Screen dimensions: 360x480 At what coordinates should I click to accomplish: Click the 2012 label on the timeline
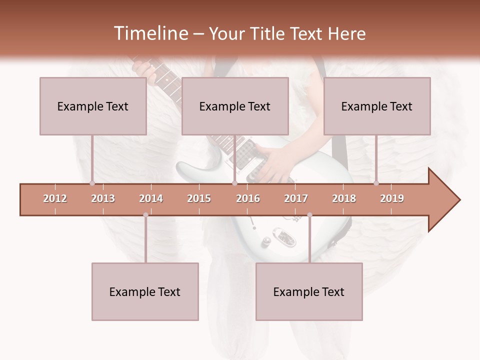(x=55, y=198)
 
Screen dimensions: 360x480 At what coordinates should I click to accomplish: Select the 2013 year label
(x=103, y=198)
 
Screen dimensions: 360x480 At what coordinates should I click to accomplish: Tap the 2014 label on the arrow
(x=151, y=198)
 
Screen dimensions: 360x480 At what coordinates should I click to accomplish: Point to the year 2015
(x=199, y=198)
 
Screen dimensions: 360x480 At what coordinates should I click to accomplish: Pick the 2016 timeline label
(x=248, y=198)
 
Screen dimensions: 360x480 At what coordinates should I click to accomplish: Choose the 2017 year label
(x=296, y=198)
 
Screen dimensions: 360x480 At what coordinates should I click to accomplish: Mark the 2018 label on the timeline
(x=344, y=198)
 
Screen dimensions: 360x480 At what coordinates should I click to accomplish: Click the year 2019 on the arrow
(x=392, y=198)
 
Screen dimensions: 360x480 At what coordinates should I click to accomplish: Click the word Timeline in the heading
(x=150, y=33)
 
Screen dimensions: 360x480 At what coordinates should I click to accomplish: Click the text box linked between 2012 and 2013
(x=93, y=106)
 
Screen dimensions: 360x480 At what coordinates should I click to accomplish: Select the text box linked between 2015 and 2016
(x=235, y=106)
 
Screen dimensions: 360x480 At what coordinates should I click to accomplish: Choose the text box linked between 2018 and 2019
(x=377, y=106)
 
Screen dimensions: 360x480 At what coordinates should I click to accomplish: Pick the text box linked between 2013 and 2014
(x=145, y=291)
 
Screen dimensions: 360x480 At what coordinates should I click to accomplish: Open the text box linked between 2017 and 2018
(x=309, y=291)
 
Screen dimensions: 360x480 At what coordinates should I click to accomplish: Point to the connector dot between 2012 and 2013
(x=92, y=183)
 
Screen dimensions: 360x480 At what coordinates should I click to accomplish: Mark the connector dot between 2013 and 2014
(x=145, y=215)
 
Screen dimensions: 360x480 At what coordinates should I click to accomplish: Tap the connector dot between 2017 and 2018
(x=309, y=215)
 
